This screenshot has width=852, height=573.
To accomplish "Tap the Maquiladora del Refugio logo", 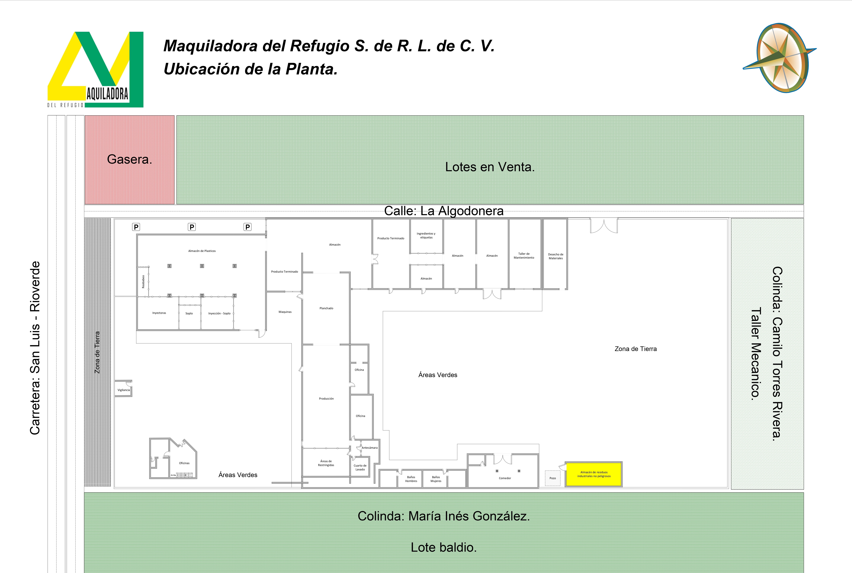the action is coord(95,69).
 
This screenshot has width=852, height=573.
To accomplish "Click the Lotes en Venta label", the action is coord(490,167).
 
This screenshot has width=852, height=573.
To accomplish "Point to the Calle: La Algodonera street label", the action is coord(444,211).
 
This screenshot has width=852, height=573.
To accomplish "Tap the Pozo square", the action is coord(553,478).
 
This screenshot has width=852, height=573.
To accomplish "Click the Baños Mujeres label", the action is coord(436,479).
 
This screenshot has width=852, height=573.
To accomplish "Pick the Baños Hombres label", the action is coord(411,479).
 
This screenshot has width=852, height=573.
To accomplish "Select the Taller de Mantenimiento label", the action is coord(524,256).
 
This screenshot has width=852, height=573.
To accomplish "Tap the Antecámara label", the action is coord(369,448).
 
